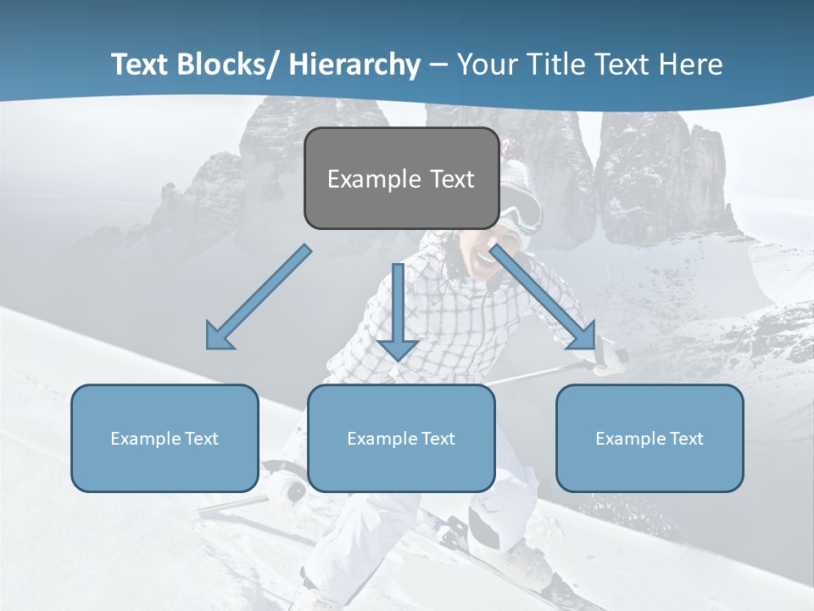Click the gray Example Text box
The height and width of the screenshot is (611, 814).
[401, 178]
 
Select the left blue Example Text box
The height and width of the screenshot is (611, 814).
[164, 438]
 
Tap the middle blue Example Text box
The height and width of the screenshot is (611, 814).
[401, 438]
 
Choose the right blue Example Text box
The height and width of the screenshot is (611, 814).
[650, 438]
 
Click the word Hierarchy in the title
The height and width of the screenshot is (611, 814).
[354, 64]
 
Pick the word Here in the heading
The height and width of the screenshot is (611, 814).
[693, 64]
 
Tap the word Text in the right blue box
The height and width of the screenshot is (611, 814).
[685, 438]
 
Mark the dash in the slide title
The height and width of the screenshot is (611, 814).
[438, 65]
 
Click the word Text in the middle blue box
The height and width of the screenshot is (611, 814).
[438, 438]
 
